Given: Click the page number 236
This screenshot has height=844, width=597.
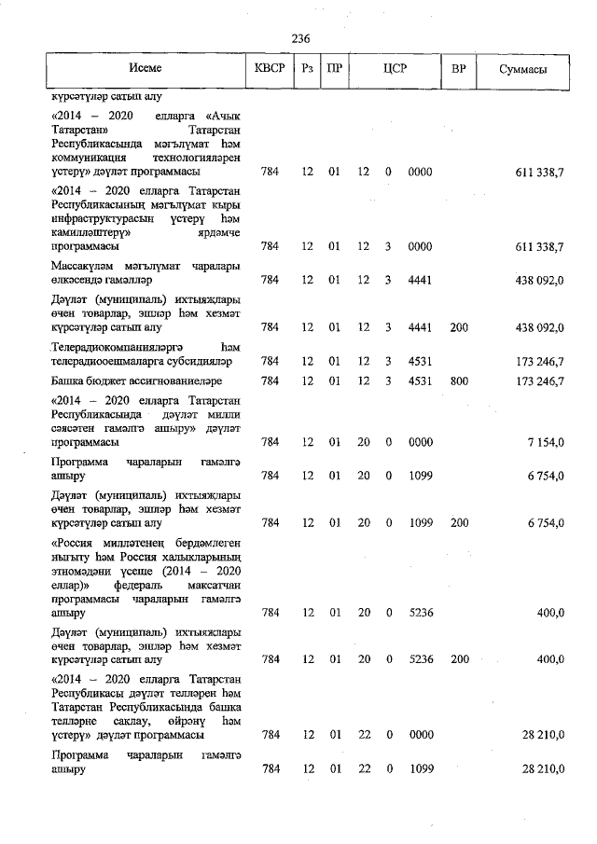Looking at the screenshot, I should (x=299, y=39).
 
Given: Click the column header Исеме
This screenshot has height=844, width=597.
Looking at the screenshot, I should (x=146, y=70).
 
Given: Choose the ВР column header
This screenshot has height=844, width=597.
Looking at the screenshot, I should (x=459, y=70).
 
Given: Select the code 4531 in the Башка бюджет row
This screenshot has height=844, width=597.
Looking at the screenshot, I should (x=420, y=380).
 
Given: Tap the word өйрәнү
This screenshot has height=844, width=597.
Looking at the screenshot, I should (x=185, y=721).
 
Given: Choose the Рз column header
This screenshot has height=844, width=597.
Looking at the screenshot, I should (x=307, y=70).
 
